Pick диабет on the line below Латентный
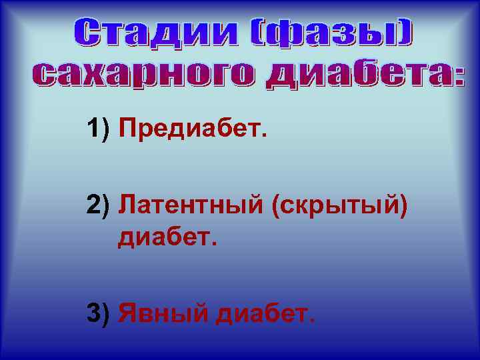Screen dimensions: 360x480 [167, 236]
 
